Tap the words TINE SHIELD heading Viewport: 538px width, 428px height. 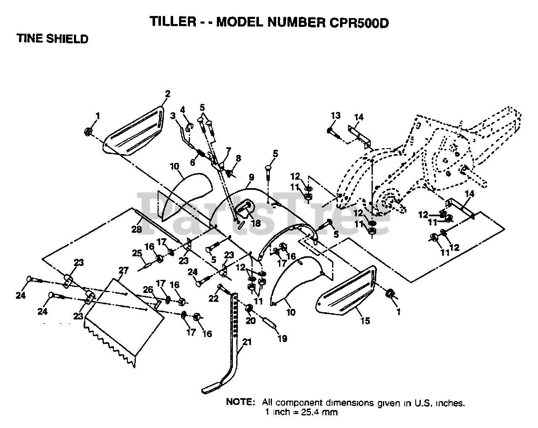pyautogui.click(x=53, y=39)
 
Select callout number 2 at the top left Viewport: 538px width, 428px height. pyautogui.click(x=167, y=94)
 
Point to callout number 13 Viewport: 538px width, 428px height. pyautogui.click(x=335, y=116)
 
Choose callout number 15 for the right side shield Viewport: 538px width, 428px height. pyautogui.click(x=365, y=321)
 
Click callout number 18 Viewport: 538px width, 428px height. pyautogui.click(x=255, y=223)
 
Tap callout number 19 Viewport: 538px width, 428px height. pyautogui.click(x=282, y=338)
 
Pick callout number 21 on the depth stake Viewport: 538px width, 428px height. pyautogui.click(x=247, y=342)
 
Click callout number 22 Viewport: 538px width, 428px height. pyautogui.click(x=214, y=298)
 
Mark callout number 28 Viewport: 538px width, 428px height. pyautogui.click(x=136, y=229)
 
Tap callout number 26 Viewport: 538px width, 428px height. pyautogui.click(x=148, y=290)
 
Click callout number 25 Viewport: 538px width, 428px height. pyautogui.click(x=137, y=253)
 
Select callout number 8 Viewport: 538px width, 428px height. pyautogui.click(x=239, y=158)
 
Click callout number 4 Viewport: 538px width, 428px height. pyautogui.click(x=183, y=109)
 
